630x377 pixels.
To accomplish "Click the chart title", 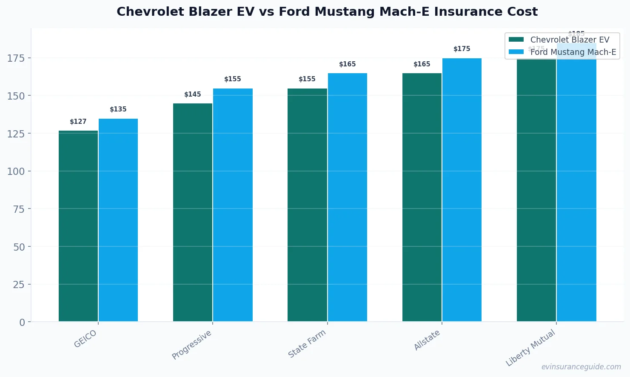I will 327,12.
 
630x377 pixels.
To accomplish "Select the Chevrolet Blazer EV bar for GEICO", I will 78,226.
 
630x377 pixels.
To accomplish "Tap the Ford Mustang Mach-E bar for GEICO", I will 118,220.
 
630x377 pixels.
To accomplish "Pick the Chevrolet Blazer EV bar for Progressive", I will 193,212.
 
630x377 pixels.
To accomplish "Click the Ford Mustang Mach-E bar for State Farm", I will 347,197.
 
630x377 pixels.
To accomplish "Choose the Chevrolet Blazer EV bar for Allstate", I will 422,197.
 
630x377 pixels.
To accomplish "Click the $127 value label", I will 78,122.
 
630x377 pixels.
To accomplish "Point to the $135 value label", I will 118,109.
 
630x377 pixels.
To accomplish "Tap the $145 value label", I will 193,94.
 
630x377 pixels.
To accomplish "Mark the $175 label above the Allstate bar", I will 462,49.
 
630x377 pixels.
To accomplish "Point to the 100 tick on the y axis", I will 16,171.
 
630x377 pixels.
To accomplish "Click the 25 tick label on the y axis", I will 19,285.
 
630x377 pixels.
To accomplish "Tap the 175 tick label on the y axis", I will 16,58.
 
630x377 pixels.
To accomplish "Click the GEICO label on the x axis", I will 86,339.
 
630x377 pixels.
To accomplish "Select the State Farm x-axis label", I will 307,344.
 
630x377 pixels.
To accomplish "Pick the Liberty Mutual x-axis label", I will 530,348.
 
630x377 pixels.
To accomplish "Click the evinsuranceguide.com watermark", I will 581,367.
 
